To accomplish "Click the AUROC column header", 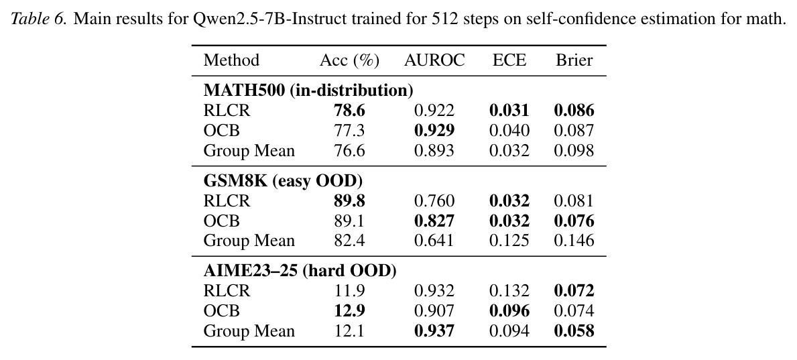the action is coord(434,60).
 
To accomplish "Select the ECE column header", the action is coord(509,60).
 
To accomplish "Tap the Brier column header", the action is coord(574,60).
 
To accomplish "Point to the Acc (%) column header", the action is coord(350,60).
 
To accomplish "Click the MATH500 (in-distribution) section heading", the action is coord(308,91).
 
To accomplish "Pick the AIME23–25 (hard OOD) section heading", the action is coord(300,271).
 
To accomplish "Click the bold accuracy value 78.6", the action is coord(350,111).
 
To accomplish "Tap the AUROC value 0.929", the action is coord(434,131).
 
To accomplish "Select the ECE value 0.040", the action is coord(509,131).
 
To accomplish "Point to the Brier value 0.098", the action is coord(574,151).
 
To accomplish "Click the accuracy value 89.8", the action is coord(350,201).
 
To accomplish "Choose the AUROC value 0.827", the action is coord(434,221).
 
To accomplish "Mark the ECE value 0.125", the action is coord(509,240).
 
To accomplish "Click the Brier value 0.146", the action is coord(574,240).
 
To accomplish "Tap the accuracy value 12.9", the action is coord(350,310).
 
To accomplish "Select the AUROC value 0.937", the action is coord(434,331).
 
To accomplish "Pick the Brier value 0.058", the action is coord(574,331).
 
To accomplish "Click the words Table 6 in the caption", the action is coord(39,20).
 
